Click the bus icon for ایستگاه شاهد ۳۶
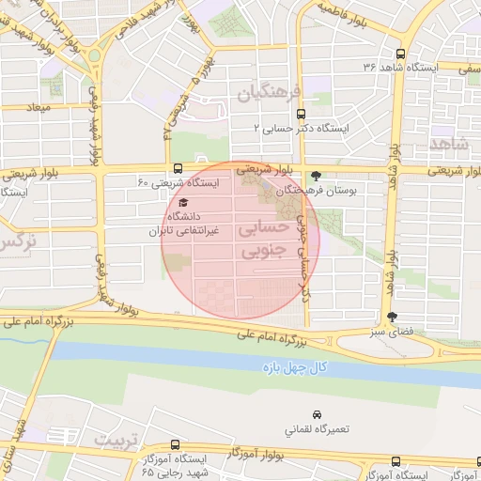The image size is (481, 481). (403, 54)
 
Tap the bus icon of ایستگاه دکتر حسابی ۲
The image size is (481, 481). (301, 111)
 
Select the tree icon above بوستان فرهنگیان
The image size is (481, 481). (316, 175)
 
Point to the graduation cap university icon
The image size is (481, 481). (182, 203)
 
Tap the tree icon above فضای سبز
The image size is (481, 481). (392, 317)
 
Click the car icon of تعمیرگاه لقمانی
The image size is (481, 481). (318, 414)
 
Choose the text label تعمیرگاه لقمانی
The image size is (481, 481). (318, 429)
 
